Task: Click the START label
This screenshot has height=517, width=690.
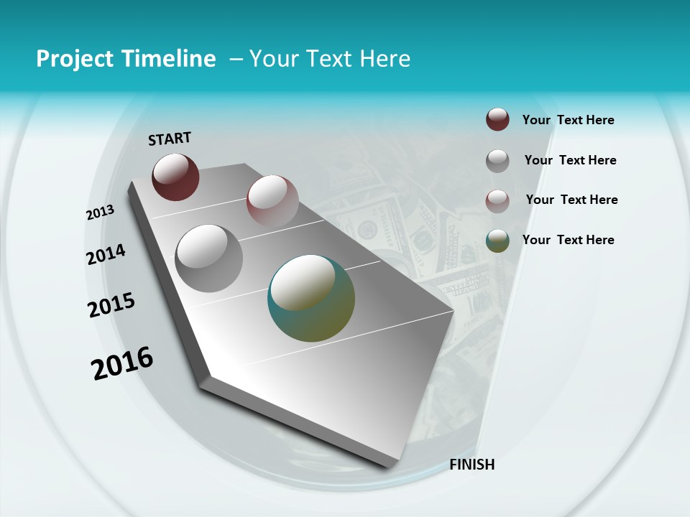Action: click(170, 139)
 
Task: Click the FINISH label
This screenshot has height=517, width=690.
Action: click(472, 465)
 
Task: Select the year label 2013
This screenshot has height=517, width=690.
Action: click(101, 213)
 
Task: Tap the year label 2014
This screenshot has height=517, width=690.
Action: click(106, 255)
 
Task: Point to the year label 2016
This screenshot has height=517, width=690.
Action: click(122, 363)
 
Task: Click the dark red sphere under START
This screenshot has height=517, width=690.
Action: click(175, 177)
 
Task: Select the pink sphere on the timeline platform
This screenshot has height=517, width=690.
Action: click(272, 200)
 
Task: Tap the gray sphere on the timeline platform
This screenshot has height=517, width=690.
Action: click(209, 258)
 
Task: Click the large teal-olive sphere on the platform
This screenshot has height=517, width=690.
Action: click(311, 298)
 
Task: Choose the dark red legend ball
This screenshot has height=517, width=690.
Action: click(497, 120)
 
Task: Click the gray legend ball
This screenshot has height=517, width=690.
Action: click(497, 161)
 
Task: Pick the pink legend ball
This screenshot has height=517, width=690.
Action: click(497, 201)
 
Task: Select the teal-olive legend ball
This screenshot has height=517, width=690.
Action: click(497, 241)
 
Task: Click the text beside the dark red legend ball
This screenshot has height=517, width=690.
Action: click(569, 121)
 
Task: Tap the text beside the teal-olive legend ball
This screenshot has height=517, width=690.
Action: click(569, 240)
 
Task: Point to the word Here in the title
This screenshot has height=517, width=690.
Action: click(385, 59)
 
